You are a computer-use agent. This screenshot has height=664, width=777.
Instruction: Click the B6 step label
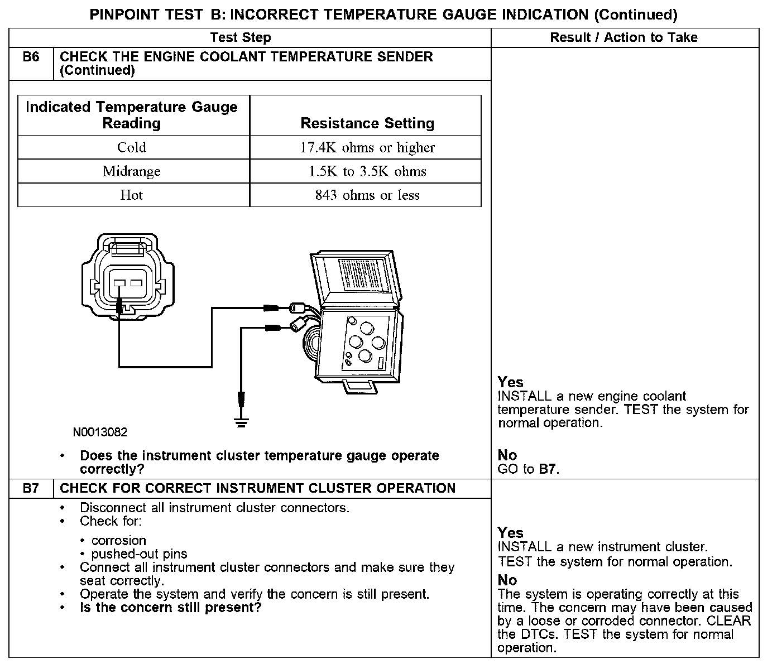[x=31, y=57]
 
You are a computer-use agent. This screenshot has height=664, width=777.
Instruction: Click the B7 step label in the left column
[x=31, y=488]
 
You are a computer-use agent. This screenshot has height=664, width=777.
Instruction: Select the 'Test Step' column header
[x=241, y=38]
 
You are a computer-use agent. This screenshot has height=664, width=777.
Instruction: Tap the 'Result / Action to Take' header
[x=623, y=38]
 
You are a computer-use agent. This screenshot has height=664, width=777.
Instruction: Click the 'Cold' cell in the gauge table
[x=132, y=147]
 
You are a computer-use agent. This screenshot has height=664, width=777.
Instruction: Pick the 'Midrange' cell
[x=132, y=171]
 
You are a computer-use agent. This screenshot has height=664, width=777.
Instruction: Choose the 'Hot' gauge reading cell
[x=132, y=195]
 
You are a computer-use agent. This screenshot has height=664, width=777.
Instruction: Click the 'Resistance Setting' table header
[x=367, y=123]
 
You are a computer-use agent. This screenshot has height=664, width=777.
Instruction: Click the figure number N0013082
[x=100, y=432]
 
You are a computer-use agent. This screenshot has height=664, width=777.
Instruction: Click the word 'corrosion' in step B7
[x=119, y=541]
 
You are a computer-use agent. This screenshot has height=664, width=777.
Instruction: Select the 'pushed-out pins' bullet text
[x=139, y=554]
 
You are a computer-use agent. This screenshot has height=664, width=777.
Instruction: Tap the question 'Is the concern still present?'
[x=171, y=608]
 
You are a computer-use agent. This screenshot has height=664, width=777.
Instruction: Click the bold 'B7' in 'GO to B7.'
[x=548, y=469]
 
